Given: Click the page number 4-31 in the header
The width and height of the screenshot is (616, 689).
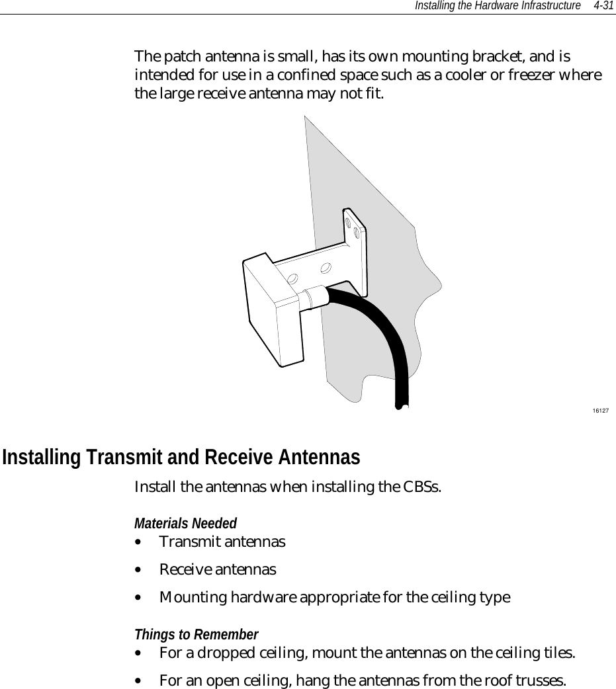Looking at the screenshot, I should [x=603, y=5].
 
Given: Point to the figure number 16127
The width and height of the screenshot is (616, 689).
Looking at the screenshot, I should [x=600, y=411].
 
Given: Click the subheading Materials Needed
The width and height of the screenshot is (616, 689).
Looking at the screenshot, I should [x=185, y=524].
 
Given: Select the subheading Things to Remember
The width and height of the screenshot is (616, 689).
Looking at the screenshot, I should [x=196, y=635].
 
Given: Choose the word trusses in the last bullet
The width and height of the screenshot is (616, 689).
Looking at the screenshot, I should [x=541, y=680].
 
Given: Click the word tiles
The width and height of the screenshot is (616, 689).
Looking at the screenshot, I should [x=556, y=653].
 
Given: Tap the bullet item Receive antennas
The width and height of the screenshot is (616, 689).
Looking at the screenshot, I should [x=218, y=569].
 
